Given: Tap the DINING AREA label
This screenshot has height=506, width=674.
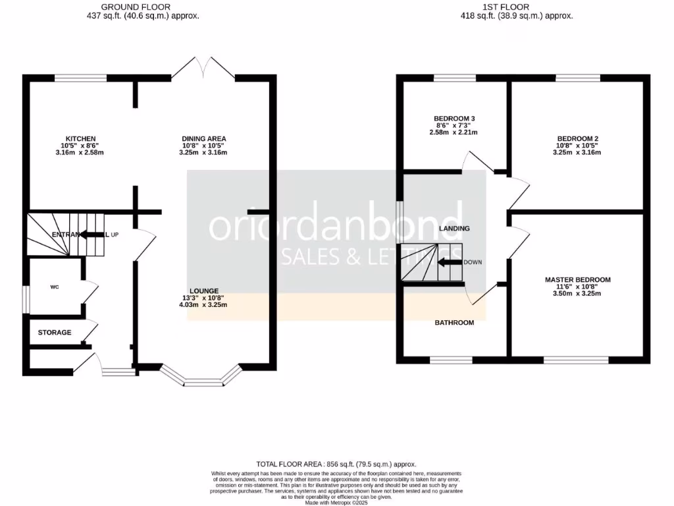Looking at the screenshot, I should click(204, 138).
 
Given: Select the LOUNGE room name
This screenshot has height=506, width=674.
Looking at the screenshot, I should click(204, 291).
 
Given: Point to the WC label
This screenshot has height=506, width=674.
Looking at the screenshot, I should click(55, 287).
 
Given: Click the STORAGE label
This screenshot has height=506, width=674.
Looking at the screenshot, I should click(55, 333).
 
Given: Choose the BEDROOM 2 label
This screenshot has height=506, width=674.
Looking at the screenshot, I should click(577, 138).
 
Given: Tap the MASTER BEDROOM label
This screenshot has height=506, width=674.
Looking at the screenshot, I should click(578, 280).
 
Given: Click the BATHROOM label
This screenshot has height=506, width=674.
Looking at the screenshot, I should click(454, 323).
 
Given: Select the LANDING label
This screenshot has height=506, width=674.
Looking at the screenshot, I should click(454, 229).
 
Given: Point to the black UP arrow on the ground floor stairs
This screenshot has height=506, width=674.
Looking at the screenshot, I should click(93, 235).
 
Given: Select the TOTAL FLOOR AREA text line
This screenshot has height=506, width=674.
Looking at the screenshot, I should click(336, 464).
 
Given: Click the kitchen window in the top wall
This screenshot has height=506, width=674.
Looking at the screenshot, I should click(80, 78).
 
